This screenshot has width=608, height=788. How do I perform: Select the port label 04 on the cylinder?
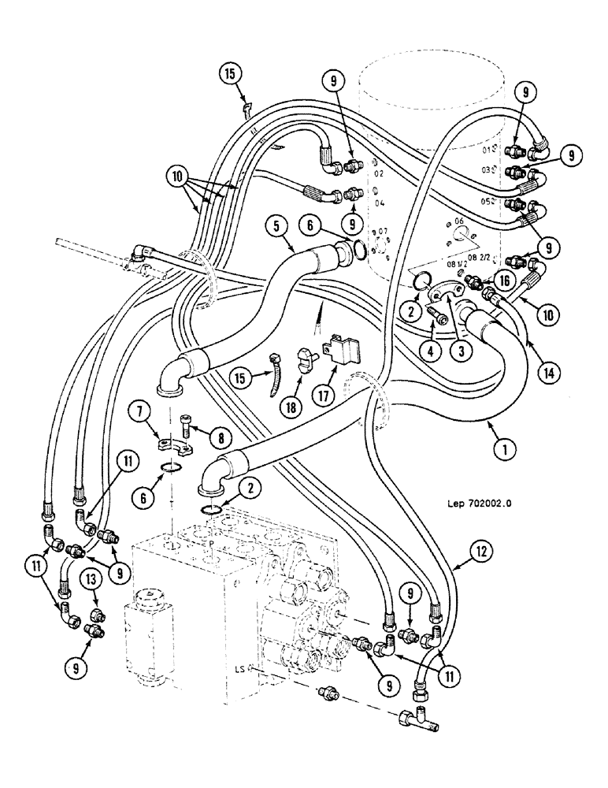[x=380, y=203]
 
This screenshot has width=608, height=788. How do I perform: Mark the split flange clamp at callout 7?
[x=176, y=446]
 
